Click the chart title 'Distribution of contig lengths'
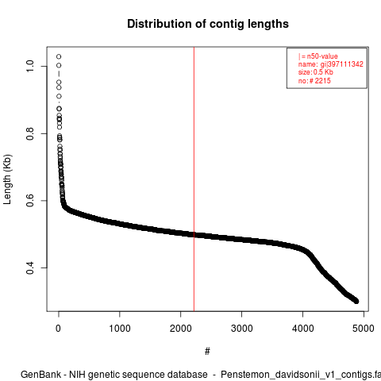(x=208, y=24)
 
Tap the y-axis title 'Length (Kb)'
(x=7, y=179)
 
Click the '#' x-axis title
(x=207, y=351)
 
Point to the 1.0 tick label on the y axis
(x=30, y=66)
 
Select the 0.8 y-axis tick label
(x=30, y=133)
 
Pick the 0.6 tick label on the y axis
(x=30, y=201)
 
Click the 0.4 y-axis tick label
(x=30, y=267)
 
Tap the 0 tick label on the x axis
(x=59, y=329)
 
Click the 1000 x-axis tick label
(x=120, y=329)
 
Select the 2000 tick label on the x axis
(x=181, y=329)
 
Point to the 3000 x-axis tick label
(x=241, y=329)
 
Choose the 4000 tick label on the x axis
(x=302, y=329)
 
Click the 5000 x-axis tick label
(x=364, y=329)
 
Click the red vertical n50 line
(x=194, y=179)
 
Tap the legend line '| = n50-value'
(x=318, y=56)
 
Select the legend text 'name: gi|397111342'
(x=331, y=64)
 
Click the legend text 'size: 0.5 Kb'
(x=316, y=72)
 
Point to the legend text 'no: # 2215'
(x=314, y=80)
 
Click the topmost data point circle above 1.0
(x=59, y=56)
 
